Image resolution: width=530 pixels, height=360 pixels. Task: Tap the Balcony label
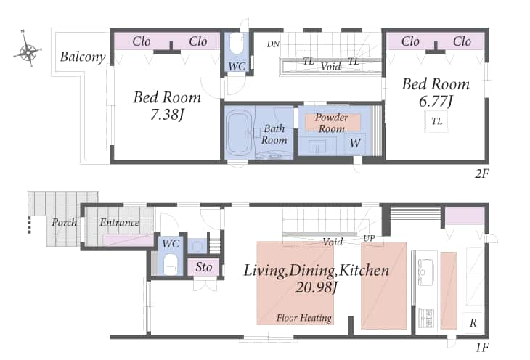(x=83, y=57)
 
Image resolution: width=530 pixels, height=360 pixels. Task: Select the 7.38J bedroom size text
(x=167, y=115)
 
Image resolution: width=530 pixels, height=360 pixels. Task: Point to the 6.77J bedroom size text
(x=436, y=101)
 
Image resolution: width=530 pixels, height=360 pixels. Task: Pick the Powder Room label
(x=332, y=123)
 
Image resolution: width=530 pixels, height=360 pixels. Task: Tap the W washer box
(x=355, y=143)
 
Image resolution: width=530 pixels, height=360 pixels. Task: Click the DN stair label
(x=273, y=44)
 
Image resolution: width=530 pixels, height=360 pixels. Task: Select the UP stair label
(x=369, y=239)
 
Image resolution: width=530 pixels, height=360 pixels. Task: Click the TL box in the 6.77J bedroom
(x=437, y=121)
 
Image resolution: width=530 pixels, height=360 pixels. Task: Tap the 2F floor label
(x=481, y=173)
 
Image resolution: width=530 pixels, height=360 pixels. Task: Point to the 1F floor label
(x=482, y=348)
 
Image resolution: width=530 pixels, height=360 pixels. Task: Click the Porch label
(x=64, y=222)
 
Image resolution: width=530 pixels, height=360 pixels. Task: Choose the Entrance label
(x=119, y=222)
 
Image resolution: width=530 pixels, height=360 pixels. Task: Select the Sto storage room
(x=204, y=267)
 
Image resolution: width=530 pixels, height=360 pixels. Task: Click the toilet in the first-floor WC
(x=171, y=263)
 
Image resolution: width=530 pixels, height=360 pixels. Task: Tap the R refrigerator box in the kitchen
(x=473, y=323)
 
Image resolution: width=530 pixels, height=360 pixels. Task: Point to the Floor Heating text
(x=304, y=318)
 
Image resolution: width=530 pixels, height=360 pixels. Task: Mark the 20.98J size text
(x=316, y=287)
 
